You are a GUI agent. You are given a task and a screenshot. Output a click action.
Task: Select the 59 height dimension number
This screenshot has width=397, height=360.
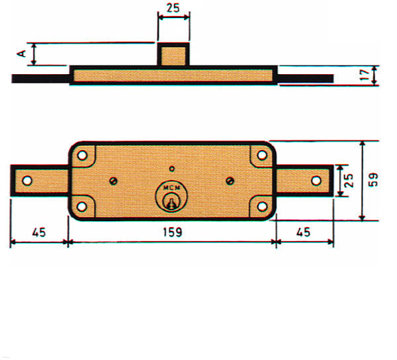pyautogui.click(x=373, y=181)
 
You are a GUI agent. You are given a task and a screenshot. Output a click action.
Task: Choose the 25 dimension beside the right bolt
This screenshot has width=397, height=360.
pyautogui.click(x=349, y=181)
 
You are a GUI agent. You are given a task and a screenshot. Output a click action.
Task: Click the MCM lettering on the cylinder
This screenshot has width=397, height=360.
pyautogui.click(x=171, y=189)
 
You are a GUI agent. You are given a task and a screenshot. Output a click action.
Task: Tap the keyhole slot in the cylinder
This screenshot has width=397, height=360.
pyautogui.click(x=171, y=201)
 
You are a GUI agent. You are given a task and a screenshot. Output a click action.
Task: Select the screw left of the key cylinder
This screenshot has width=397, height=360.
pyautogui.click(x=113, y=181)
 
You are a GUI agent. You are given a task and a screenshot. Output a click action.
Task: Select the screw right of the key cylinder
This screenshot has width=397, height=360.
pyautogui.click(x=230, y=181)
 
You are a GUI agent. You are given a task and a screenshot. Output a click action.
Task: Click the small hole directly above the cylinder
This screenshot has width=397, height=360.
pyautogui.click(x=171, y=168)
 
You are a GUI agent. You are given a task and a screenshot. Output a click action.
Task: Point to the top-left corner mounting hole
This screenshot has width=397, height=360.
pyautogui.click(x=83, y=156)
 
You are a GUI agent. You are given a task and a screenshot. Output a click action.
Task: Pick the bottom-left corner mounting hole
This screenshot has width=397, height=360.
pyautogui.click(x=82, y=206)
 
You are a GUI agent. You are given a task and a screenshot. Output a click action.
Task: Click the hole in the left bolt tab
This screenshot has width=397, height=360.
pyautogui.click(x=27, y=181)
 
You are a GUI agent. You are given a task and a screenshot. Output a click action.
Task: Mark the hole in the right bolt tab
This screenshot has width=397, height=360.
pyautogui.click(x=316, y=181)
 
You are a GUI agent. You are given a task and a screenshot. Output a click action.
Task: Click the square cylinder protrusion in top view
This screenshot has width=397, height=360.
pyautogui.click(x=173, y=54)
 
